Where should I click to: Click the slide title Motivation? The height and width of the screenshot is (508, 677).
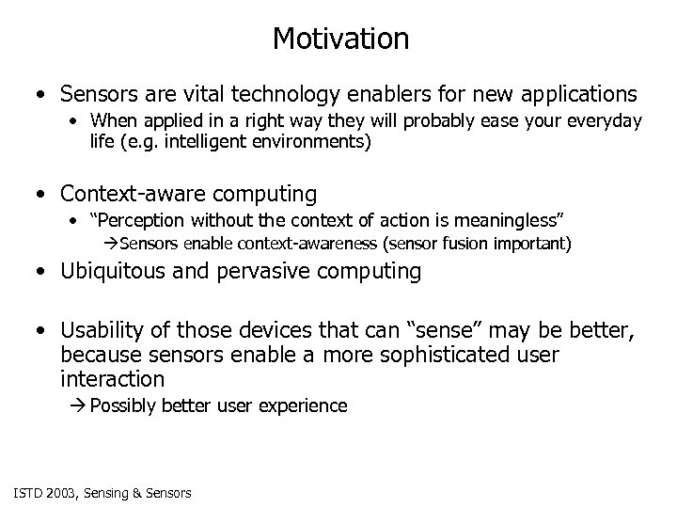click(x=340, y=39)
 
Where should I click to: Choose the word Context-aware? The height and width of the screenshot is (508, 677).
click(x=125, y=194)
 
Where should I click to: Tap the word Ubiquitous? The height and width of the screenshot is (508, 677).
click(x=110, y=272)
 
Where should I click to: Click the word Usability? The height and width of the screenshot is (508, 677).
click(x=99, y=330)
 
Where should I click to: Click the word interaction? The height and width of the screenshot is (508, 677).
click(x=112, y=378)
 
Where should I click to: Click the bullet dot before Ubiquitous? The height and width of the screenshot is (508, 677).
click(x=35, y=273)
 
